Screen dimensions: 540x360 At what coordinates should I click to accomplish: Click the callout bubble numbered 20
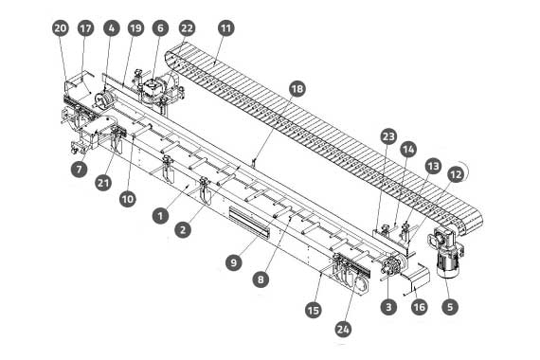61,27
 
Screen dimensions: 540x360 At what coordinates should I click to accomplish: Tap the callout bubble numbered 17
86,27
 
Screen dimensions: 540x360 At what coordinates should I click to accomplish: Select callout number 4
111,27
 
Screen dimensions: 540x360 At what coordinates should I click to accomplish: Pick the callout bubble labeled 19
136,27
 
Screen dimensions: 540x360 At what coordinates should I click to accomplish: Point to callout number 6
160,27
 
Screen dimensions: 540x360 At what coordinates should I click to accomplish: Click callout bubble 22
187,27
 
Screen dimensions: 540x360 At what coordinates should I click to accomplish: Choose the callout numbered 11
226,27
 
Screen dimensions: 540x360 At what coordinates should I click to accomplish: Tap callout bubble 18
297,89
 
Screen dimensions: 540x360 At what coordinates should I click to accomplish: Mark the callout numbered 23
388,136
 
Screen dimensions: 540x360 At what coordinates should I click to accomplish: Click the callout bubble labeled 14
408,150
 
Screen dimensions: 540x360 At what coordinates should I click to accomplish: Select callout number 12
456,174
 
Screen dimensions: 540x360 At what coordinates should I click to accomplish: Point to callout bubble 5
450,307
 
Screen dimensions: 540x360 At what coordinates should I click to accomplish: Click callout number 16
420,307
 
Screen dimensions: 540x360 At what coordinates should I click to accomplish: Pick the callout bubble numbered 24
343,330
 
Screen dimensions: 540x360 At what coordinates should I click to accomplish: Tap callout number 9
234,262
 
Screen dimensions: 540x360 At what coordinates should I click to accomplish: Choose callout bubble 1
160,216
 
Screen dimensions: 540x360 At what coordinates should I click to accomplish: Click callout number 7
80,170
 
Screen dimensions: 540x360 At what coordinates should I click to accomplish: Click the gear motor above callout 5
446,251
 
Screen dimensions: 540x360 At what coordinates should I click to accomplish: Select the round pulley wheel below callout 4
102,99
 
